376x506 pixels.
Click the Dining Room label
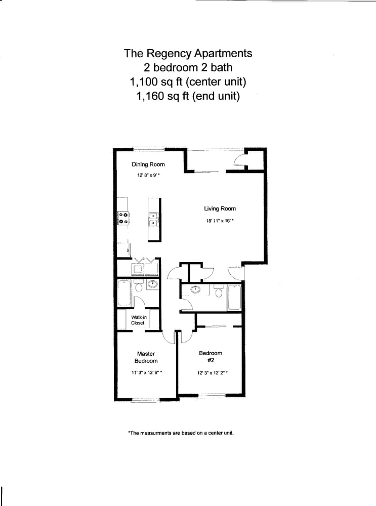click(148, 164)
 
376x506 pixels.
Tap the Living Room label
click(220, 208)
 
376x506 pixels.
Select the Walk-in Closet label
click(138, 320)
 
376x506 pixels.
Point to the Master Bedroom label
click(146, 357)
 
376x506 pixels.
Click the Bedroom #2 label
click(211, 357)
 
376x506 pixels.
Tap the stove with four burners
click(123, 218)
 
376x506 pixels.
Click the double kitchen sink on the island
click(153, 218)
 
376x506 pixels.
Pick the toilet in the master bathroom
click(139, 286)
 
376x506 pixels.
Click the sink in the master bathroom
click(152, 284)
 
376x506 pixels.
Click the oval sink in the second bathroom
click(195, 290)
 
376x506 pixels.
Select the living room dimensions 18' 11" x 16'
click(220, 221)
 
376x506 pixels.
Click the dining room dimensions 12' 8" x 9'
click(148, 176)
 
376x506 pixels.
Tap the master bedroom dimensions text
click(146, 373)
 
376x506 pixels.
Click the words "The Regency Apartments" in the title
click(188, 53)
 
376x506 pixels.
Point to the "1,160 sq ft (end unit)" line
click(188, 95)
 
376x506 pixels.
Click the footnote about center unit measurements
click(180, 433)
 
